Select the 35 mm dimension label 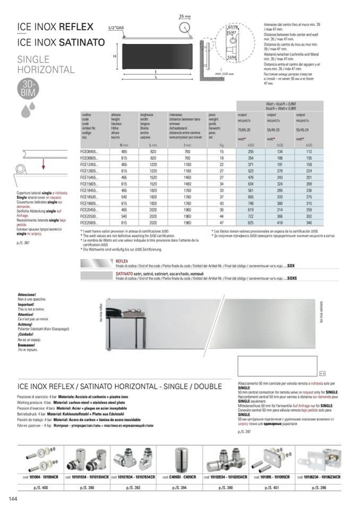(x=184, y=16)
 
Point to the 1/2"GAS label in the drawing (x=116, y=27)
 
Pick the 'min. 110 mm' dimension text (x=225, y=74)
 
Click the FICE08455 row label (x=89, y=151)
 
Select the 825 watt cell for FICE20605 (x=251, y=223)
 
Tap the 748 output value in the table (x=251, y=203)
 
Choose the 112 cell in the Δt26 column (x=309, y=151)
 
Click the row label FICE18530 (x=89, y=197)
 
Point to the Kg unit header (x=222, y=145)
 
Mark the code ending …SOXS (x=289, y=277)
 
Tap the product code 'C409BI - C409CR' (x=183, y=477)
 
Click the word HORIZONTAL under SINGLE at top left (x=46, y=70)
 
